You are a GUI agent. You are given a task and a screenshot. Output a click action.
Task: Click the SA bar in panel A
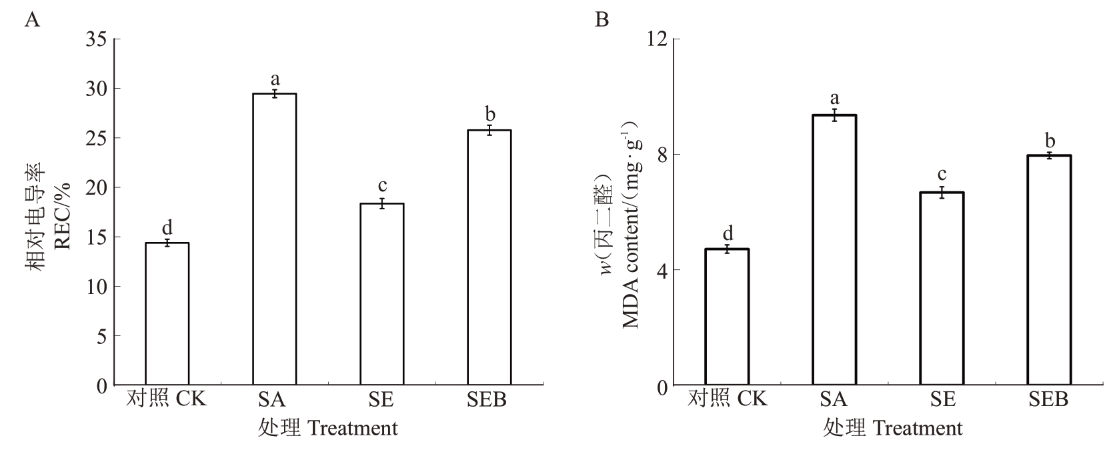274,240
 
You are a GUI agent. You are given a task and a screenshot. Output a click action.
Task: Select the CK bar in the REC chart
167,314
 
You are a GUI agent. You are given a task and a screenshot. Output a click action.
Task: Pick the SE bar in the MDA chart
941,289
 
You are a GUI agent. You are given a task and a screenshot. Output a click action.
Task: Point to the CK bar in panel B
727,317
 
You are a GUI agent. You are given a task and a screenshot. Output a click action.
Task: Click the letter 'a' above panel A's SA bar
274,79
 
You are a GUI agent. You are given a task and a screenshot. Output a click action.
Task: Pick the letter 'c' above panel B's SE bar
941,175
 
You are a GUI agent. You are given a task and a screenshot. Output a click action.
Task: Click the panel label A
32,20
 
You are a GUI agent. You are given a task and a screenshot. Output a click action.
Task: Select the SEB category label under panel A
487,399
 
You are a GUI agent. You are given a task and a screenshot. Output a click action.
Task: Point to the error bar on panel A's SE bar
381,204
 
